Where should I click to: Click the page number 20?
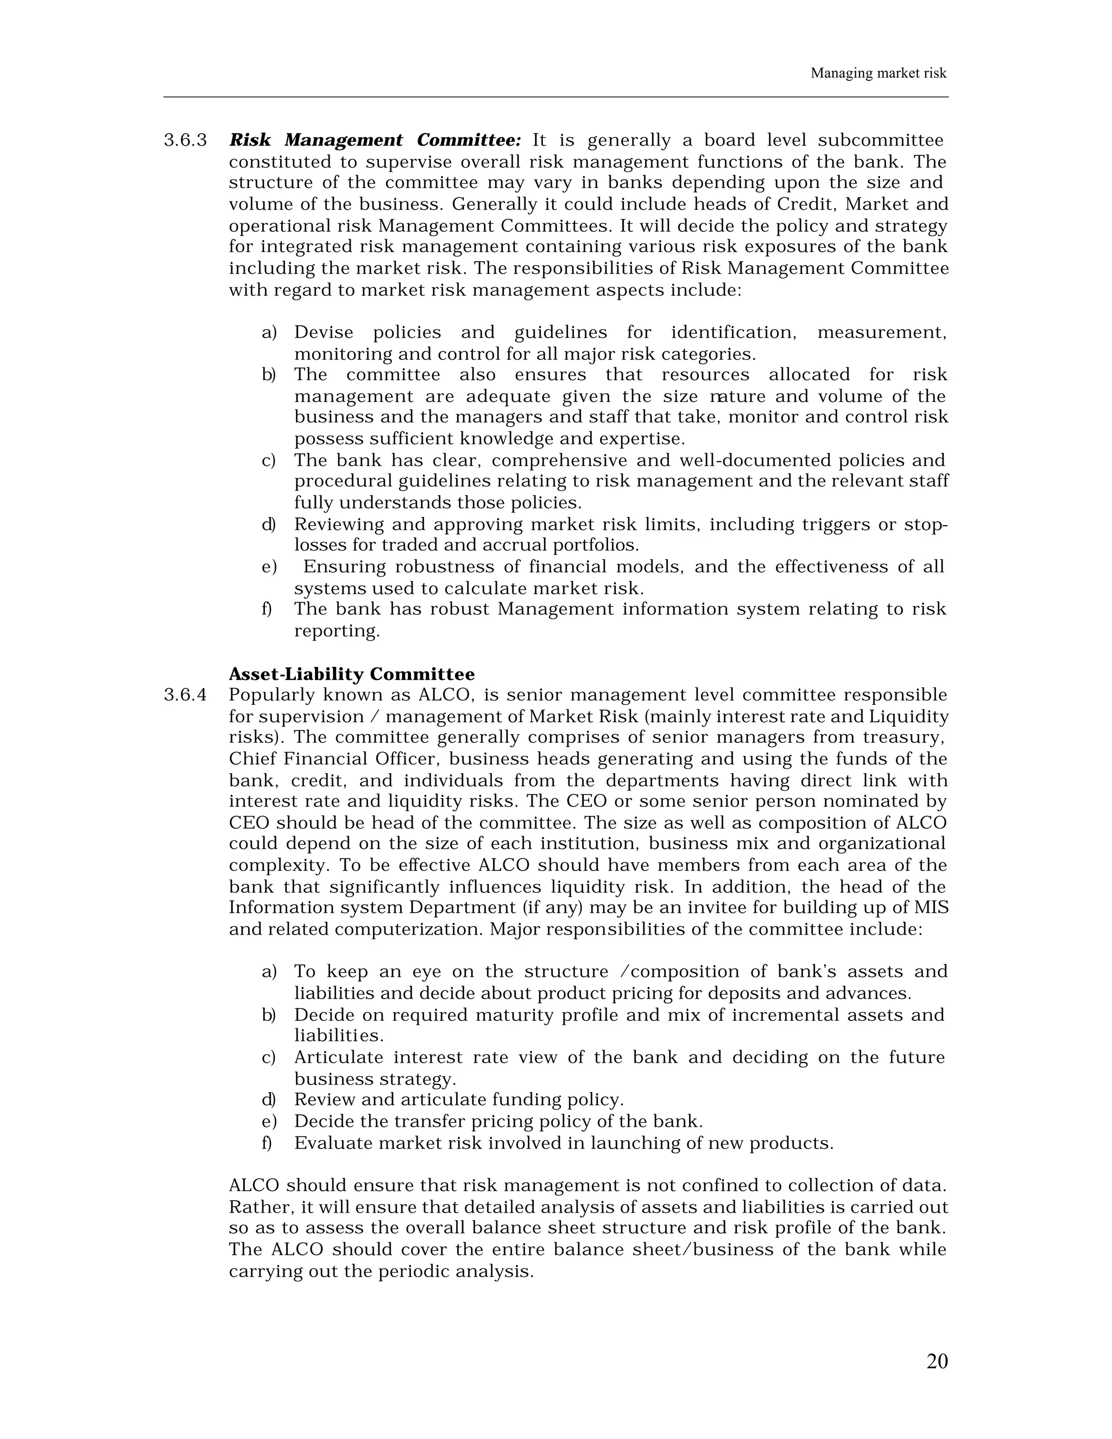(x=936, y=1361)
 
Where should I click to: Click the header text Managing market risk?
(x=877, y=73)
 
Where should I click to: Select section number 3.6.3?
(x=185, y=140)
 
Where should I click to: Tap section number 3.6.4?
(x=185, y=695)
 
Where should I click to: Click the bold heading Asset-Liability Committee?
(x=351, y=674)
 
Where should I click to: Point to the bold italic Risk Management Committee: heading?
(x=375, y=140)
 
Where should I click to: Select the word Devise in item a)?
(x=324, y=332)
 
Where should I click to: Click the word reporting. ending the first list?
(x=337, y=631)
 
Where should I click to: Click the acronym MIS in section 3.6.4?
(x=931, y=907)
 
